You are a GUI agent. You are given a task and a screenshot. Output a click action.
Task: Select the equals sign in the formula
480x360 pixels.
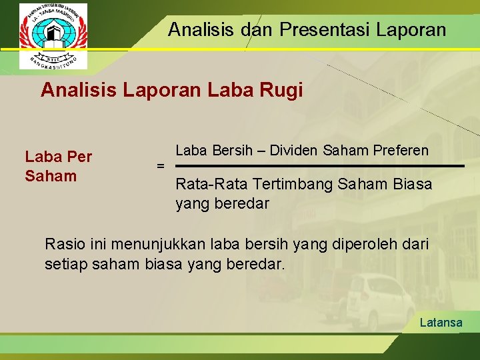point(160,165)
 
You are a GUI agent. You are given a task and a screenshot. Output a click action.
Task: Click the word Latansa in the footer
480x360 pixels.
point(441,323)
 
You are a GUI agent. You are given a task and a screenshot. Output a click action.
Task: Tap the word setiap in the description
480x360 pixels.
point(65,264)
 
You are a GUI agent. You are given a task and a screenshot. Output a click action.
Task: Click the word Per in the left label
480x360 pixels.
point(79,157)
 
